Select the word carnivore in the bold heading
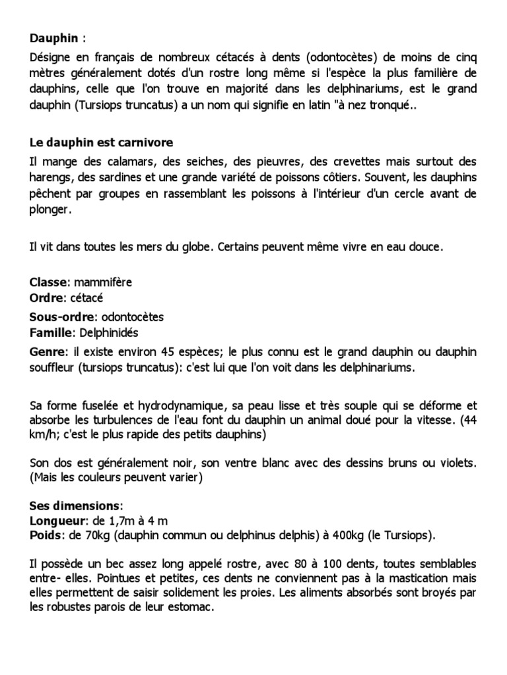point(147,142)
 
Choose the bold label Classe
point(48,282)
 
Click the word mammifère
point(103,282)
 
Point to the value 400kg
point(345,535)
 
